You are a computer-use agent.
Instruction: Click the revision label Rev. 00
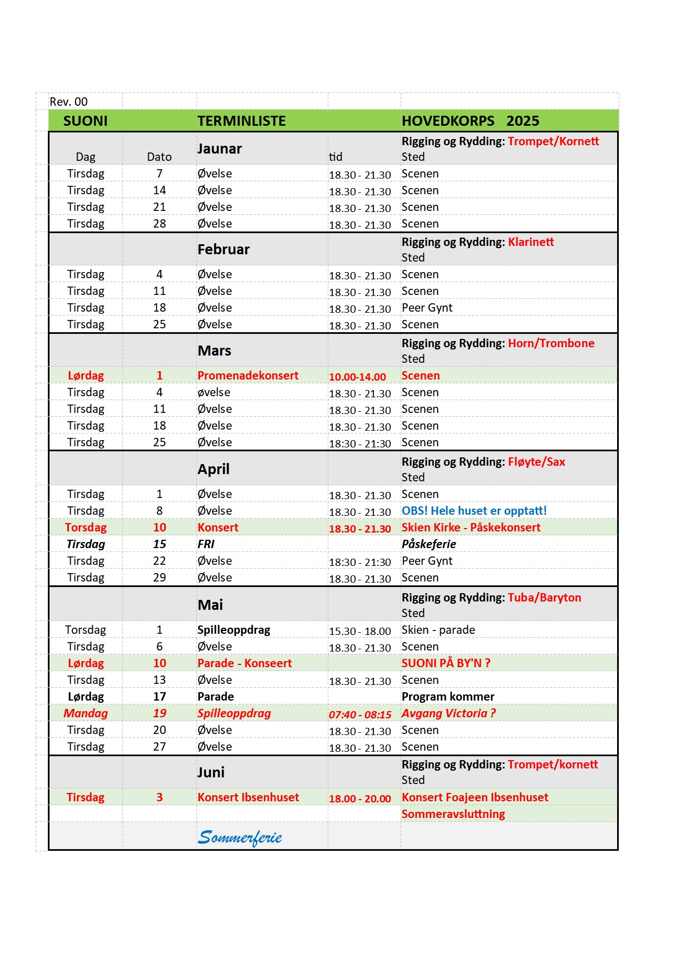tap(68, 102)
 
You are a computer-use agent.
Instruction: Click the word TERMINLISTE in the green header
tap(241, 121)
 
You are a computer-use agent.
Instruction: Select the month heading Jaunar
tap(219, 149)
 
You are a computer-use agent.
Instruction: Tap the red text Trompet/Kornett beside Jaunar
tap(553, 141)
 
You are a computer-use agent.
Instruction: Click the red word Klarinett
tap(531, 242)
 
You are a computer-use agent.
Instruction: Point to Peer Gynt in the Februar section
tap(427, 308)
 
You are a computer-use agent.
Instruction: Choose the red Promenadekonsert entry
tap(248, 376)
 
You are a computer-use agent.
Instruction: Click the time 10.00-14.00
tap(357, 377)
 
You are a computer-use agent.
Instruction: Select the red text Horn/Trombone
tap(551, 343)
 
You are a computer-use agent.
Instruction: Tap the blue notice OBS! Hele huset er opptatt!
tap(474, 511)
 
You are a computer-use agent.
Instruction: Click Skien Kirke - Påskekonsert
tap(471, 528)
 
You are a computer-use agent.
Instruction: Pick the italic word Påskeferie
tap(428, 544)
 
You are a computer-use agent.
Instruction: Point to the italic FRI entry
tap(206, 544)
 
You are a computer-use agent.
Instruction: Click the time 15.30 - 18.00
tap(359, 631)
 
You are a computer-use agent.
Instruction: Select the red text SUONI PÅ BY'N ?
tap(446, 663)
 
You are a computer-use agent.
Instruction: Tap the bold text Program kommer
tap(448, 697)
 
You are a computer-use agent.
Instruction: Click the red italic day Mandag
tap(86, 713)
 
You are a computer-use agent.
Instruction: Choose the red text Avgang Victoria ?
tap(448, 713)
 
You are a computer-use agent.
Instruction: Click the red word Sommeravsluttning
tap(453, 814)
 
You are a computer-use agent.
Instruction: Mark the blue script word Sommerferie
tap(240, 837)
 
